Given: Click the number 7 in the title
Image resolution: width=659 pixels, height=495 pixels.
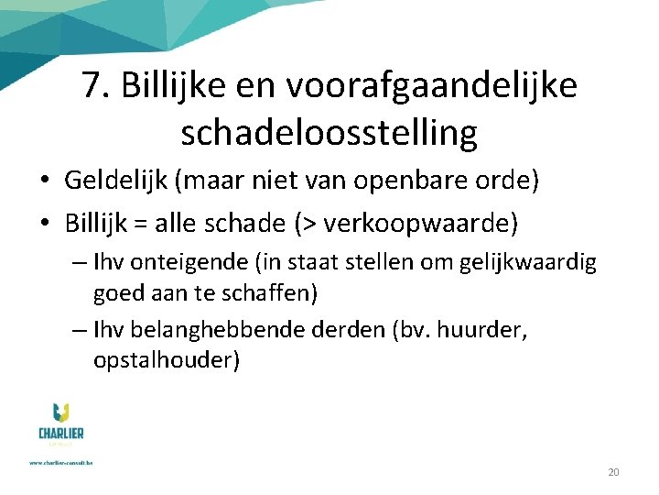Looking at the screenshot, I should pyautogui.click(x=91, y=86).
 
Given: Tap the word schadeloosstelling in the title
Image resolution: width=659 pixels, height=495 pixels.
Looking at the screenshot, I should pyautogui.click(x=329, y=133).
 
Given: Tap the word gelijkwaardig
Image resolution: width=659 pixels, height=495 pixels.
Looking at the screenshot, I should pyautogui.click(x=531, y=264).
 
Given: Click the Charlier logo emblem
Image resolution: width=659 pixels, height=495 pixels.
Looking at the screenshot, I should pyautogui.click(x=62, y=413).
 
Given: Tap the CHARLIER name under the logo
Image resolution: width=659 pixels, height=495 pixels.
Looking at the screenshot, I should pyautogui.click(x=62, y=433).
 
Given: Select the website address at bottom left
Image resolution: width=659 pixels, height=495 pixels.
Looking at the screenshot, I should pyautogui.click(x=62, y=463).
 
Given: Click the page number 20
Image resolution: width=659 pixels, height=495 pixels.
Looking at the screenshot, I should pyautogui.click(x=613, y=472).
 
